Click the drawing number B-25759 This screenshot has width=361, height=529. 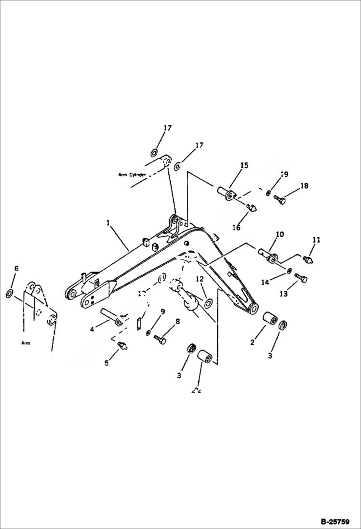click(x=339, y=521)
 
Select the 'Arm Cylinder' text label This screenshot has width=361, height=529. click(x=132, y=175)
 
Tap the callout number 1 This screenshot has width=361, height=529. click(x=108, y=223)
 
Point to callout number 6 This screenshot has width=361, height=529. click(x=16, y=268)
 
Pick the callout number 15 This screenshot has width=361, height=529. click(x=244, y=165)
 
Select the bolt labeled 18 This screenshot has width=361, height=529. click(x=279, y=198)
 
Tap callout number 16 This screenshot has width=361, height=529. click(x=236, y=228)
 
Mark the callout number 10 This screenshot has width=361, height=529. click(x=280, y=234)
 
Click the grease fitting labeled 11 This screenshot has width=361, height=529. click(x=307, y=259)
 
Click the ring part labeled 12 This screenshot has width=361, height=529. click(x=209, y=303)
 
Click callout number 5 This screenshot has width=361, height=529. click(x=107, y=363)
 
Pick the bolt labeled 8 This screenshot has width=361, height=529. click(x=160, y=340)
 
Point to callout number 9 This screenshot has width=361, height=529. click(x=162, y=312)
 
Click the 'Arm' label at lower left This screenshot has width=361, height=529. click(x=26, y=343)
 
